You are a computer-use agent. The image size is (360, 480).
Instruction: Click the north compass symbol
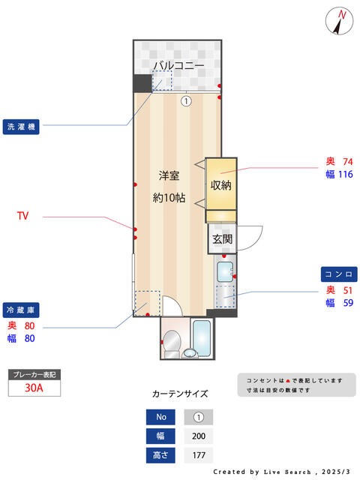pyautogui.click(x=339, y=21)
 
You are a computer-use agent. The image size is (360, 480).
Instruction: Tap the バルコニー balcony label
pyautogui.click(x=178, y=65)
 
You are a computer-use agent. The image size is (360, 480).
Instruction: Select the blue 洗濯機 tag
pyautogui.click(x=21, y=127)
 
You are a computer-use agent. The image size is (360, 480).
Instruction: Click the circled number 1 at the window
pyautogui.click(x=186, y=100)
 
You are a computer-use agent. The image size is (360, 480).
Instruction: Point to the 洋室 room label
pyautogui.click(x=169, y=175)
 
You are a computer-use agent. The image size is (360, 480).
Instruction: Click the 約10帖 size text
pyautogui.click(x=169, y=198)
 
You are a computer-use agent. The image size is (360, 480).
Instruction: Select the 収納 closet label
pyautogui.click(x=220, y=185)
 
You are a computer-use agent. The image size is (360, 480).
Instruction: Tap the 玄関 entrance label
pyautogui.click(x=223, y=239)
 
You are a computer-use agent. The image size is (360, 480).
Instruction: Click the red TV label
pyautogui.click(x=23, y=216)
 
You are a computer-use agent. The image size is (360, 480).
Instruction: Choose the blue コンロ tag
pyautogui.click(x=339, y=274)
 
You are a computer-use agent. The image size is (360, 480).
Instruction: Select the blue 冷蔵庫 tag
pyautogui.click(x=21, y=310)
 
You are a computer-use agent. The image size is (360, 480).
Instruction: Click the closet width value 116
pyautogui.click(x=346, y=174)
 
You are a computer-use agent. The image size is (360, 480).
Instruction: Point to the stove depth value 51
pyautogui.click(x=348, y=290)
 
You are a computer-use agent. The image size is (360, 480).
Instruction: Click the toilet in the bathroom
pyautogui.click(x=172, y=343)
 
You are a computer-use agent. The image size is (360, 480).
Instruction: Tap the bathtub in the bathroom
pyautogui.click(x=202, y=338)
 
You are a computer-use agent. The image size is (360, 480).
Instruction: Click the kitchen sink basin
pyautogui.click(x=225, y=272)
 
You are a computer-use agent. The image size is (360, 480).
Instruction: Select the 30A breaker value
pyautogui.click(x=34, y=388)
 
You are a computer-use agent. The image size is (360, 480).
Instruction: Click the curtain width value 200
pyautogui.click(x=199, y=436)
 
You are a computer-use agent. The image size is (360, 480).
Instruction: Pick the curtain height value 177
pyautogui.click(x=199, y=455)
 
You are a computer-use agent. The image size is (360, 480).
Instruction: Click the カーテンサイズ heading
pyautogui.click(x=180, y=394)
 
